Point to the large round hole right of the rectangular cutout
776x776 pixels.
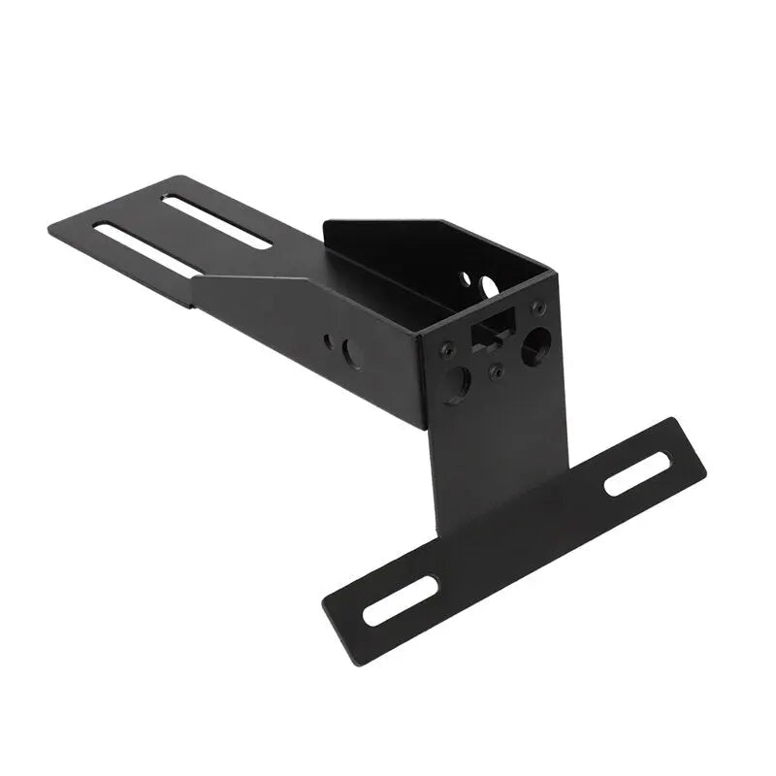coord(534,346)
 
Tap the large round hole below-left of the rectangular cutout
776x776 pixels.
coord(457,380)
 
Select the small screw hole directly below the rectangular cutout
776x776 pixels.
coord(496,370)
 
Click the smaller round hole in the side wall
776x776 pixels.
coord(329,340)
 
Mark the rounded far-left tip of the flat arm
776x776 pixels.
coord(50,229)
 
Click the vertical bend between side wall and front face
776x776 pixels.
coord(421,378)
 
